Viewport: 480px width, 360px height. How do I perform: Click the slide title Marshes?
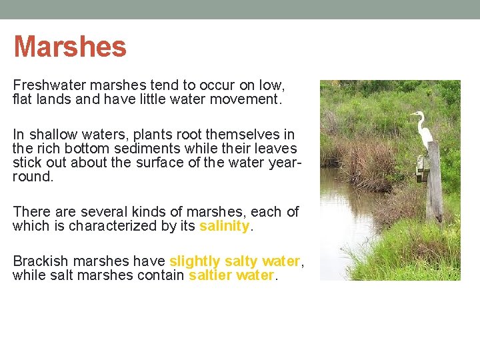coord(70,47)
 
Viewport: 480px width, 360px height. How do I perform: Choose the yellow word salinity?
coord(224,226)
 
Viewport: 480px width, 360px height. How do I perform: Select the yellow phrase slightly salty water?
coord(235,261)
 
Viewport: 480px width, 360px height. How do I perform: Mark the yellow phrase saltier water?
coord(231,275)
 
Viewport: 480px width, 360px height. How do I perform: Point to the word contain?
coord(161,275)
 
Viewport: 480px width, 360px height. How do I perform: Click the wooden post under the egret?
coord(434,183)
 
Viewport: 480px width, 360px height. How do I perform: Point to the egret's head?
coord(417,114)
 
